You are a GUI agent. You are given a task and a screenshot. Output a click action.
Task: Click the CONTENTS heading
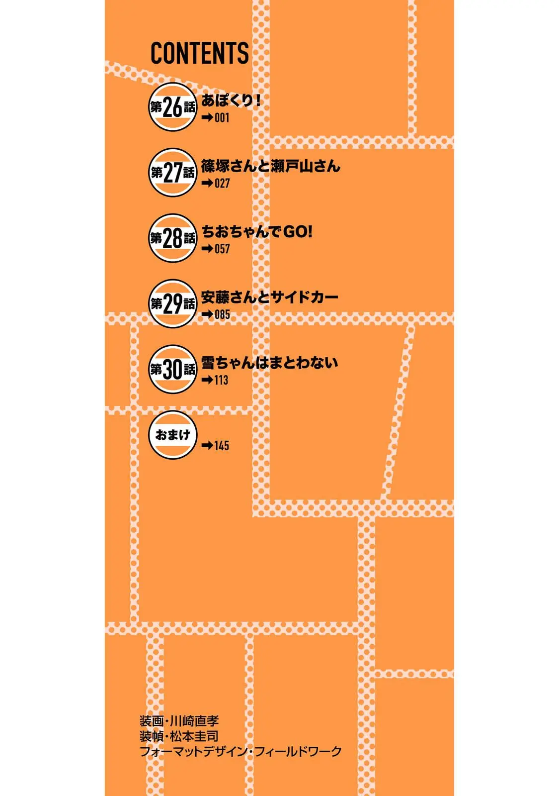(199, 53)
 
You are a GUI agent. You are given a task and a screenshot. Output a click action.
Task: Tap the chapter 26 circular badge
(172, 107)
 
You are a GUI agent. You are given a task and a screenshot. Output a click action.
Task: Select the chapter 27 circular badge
(172, 172)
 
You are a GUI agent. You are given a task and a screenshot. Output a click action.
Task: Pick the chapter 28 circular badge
(172, 238)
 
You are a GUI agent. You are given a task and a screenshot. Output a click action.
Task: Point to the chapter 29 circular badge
(172, 303)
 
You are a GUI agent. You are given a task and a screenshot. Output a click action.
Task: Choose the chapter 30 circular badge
(172, 369)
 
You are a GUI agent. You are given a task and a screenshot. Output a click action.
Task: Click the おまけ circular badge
(172, 435)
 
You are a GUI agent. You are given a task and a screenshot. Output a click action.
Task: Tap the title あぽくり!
(231, 100)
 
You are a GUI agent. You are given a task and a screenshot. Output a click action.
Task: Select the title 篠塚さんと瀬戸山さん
(270, 166)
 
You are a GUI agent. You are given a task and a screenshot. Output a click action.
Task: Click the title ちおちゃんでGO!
(257, 232)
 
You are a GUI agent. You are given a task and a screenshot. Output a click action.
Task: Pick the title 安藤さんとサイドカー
(269, 297)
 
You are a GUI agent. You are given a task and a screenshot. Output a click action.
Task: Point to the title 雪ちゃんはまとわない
(269, 363)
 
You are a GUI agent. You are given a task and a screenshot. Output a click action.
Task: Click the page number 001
(222, 117)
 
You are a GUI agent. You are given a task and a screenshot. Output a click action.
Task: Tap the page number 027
(222, 184)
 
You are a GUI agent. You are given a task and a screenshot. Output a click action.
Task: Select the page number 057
(222, 249)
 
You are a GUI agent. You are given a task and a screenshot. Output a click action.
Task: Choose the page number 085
(222, 314)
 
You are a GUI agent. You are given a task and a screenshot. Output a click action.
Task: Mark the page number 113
(221, 380)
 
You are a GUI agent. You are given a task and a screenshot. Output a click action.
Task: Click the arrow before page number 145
(207, 445)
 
